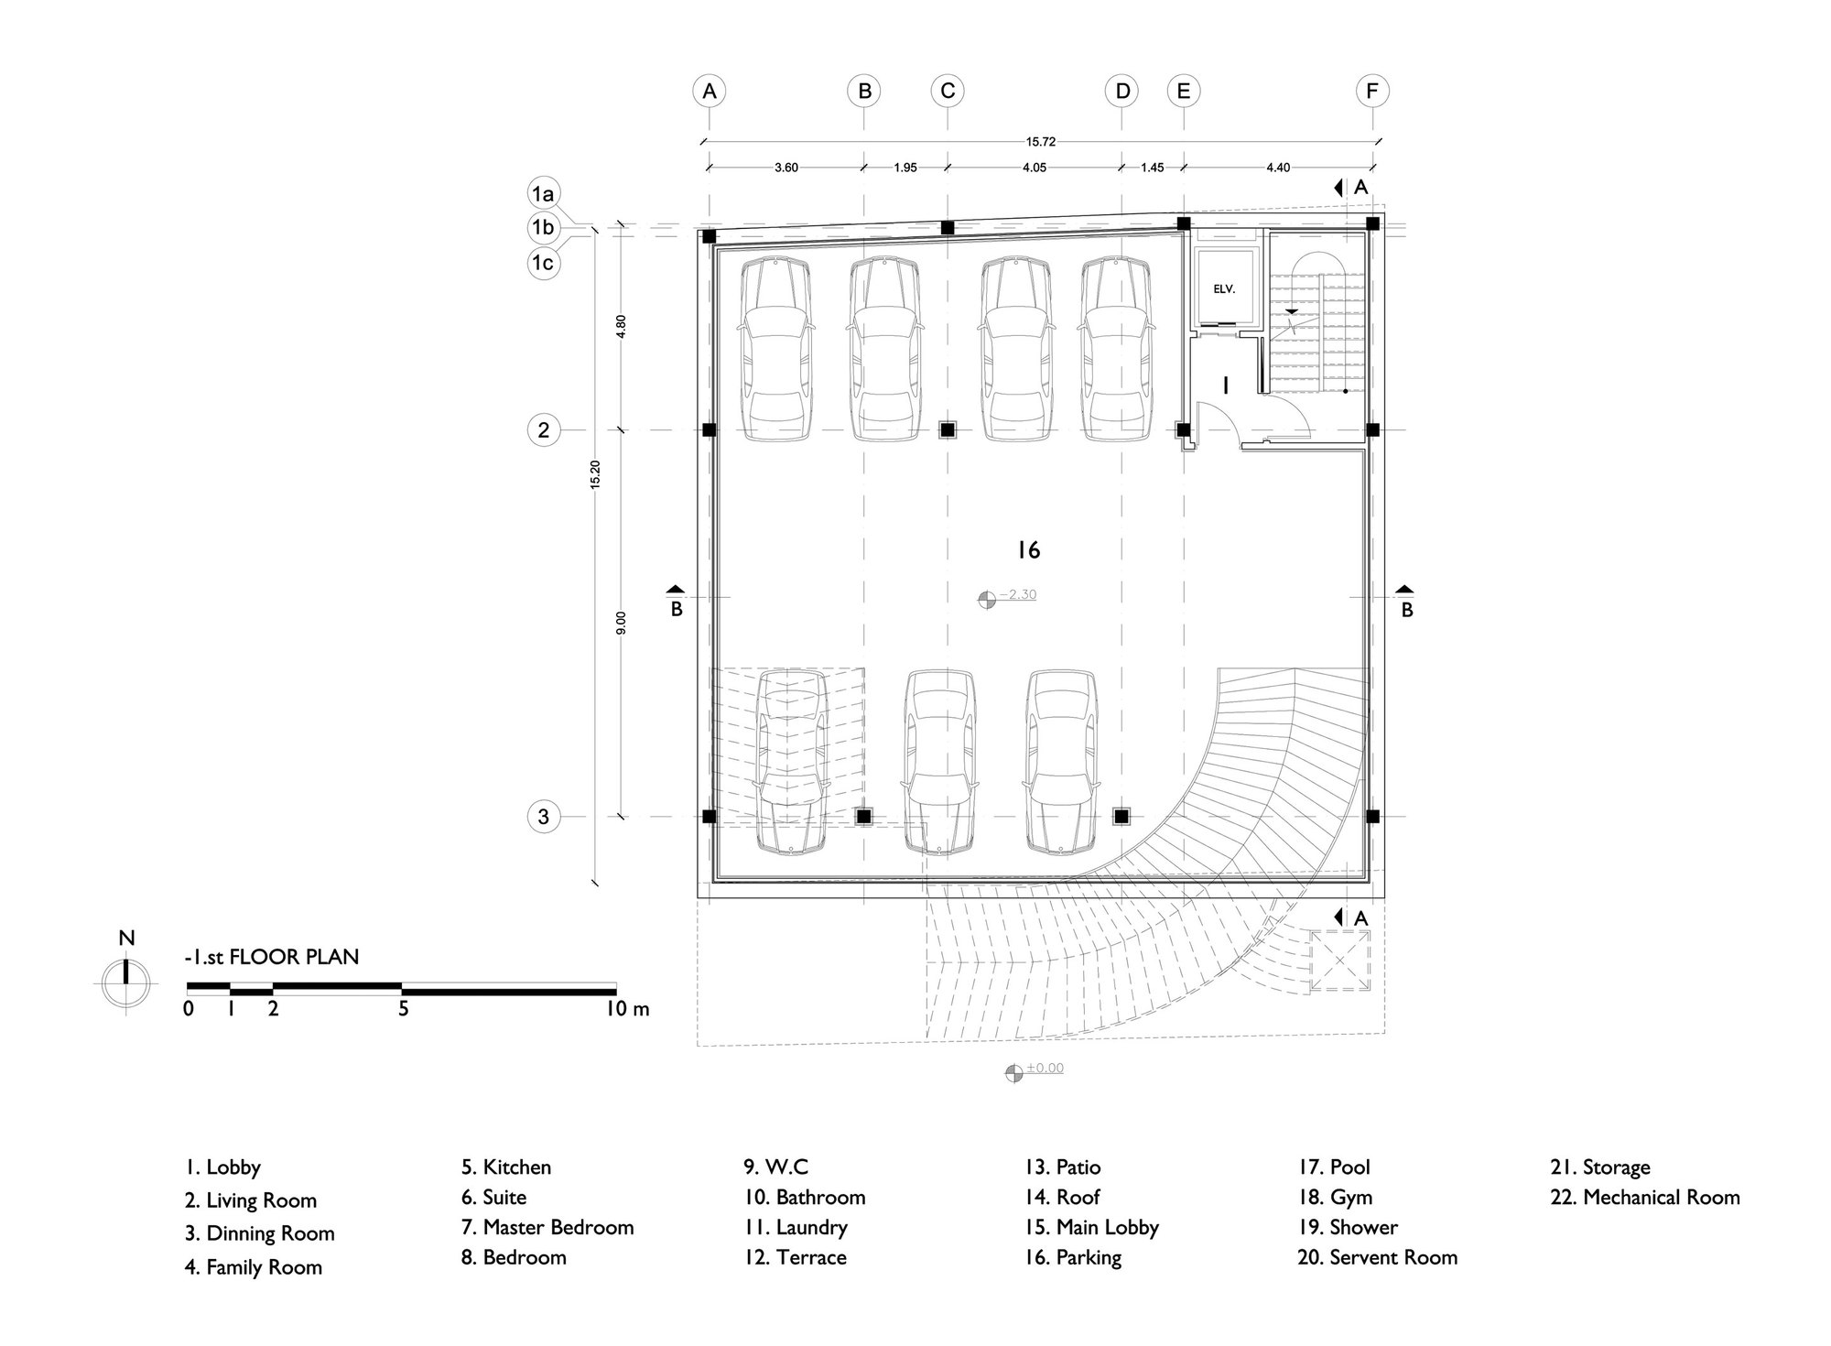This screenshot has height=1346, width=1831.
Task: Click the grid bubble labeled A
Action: coord(709,91)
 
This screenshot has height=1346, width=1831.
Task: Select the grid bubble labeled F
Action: coord(1371,91)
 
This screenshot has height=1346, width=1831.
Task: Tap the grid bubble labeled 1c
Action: coord(544,263)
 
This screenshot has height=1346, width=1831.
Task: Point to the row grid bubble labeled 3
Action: coord(544,816)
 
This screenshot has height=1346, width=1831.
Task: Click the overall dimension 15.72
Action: coord(1041,142)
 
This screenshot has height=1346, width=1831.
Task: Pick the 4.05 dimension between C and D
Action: coord(1035,168)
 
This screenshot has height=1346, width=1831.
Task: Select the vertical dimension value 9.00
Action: coord(622,623)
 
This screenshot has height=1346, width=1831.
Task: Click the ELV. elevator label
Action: coord(1224,288)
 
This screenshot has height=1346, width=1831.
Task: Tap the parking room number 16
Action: coord(1029,549)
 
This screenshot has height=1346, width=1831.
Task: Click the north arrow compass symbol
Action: coord(126,982)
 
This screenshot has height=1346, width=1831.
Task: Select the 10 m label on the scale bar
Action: coord(628,1009)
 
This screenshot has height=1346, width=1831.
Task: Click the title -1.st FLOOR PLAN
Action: coord(272,957)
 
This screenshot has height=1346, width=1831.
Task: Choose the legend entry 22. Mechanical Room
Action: coord(1645,1197)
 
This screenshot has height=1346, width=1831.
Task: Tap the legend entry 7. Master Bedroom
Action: coord(547,1227)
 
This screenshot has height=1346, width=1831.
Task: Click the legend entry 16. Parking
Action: coord(1073,1258)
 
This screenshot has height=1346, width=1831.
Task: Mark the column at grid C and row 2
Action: coord(948,429)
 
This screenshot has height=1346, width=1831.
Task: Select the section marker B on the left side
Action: coord(676,601)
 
